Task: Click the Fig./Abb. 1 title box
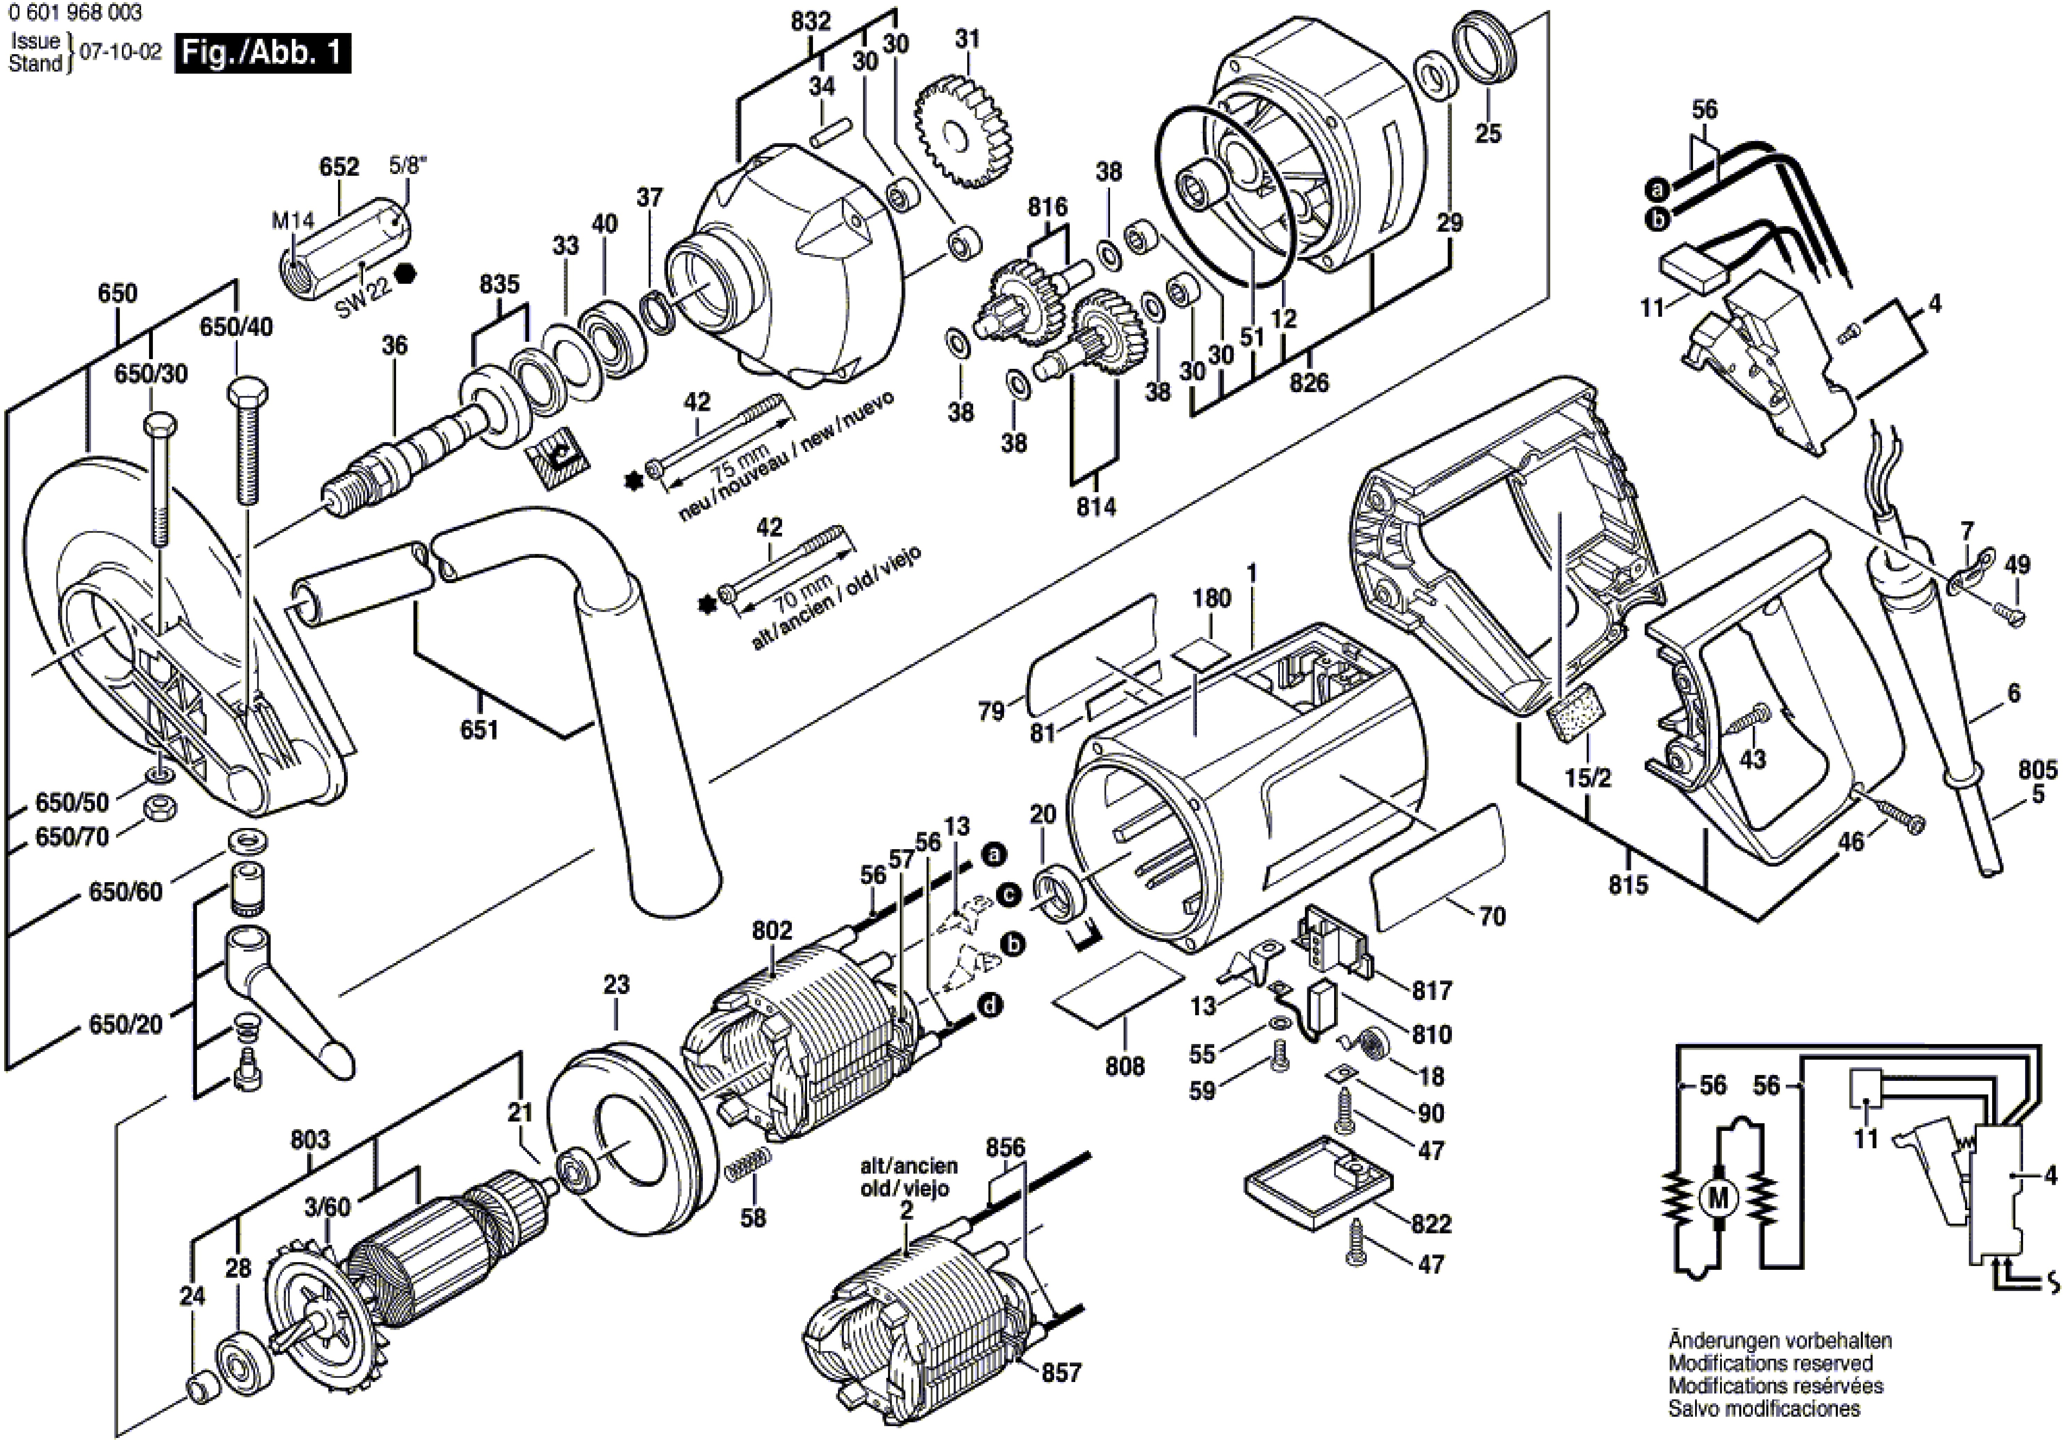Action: (x=262, y=53)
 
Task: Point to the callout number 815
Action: (x=1628, y=886)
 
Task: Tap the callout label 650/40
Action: (x=236, y=327)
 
